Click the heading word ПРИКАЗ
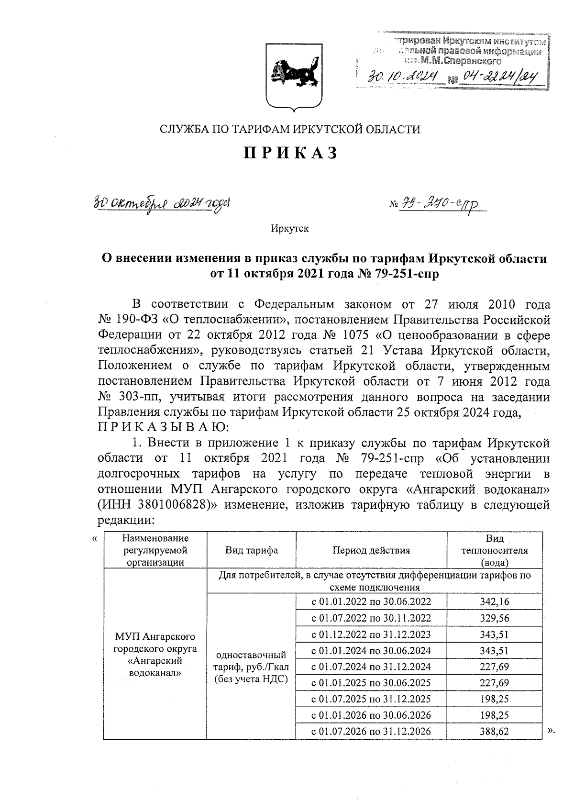coord(291,153)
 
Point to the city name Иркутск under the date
coord(290,229)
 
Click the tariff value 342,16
coord(494,601)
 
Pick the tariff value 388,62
coord(494,732)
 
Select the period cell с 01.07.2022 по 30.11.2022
coord(371,618)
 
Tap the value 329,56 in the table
coord(494,618)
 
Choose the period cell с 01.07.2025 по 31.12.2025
coord(371,699)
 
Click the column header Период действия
coord(371,550)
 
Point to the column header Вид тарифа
coord(252,550)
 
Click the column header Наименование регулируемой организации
coord(155,550)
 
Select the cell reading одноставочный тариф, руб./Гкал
coord(251,667)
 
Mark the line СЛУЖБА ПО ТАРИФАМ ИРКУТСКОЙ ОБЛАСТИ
coord(290,129)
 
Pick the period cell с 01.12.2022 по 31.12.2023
coord(371,634)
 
